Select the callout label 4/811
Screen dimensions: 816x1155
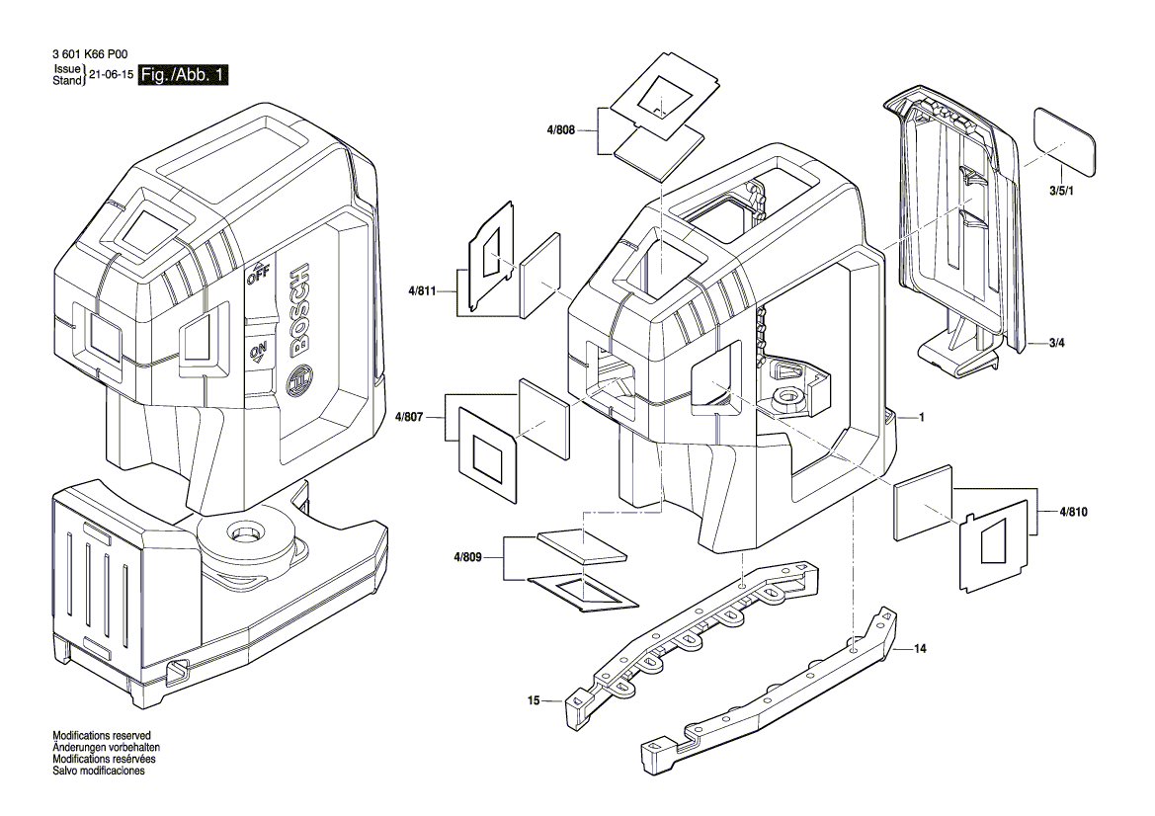pyautogui.click(x=422, y=291)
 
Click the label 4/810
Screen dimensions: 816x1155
pyautogui.click(x=1073, y=512)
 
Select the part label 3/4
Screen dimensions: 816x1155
pyautogui.click(x=1057, y=343)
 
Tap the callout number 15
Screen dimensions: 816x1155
pyautogui.click(x=534, y=701)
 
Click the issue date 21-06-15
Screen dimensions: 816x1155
pyautogui.click(x=111, y=76)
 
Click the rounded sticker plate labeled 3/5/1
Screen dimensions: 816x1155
pyautogui.click(x=1065, y=140)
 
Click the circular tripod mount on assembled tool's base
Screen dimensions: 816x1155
pyautogui.click(x=243, y=535)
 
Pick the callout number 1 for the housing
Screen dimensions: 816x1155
pyautogui.click(x=921, y=418)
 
